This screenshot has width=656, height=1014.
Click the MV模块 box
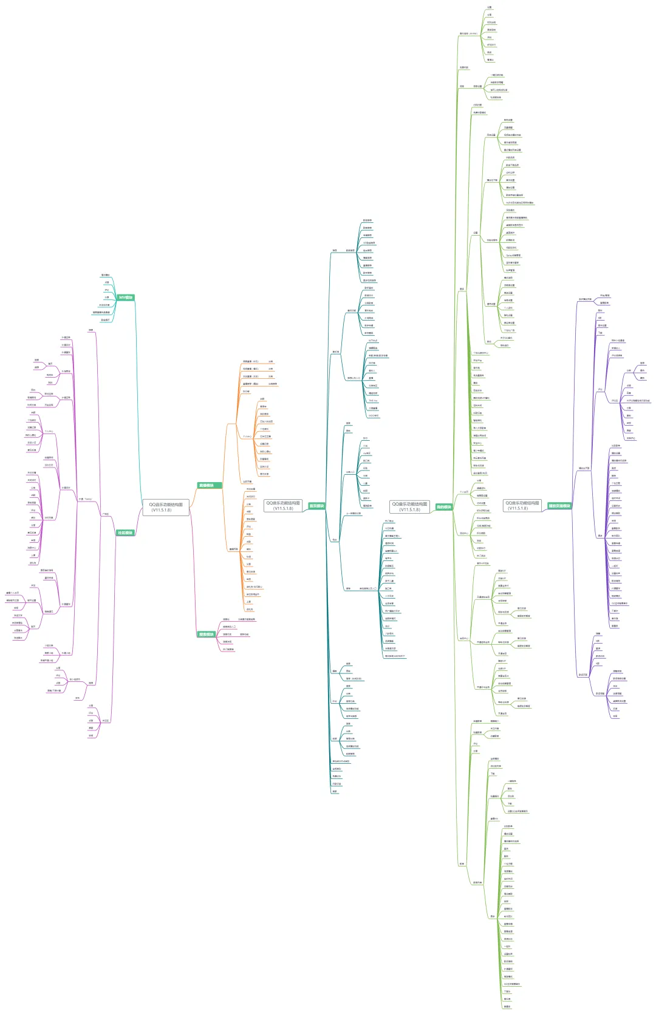click(126, 298)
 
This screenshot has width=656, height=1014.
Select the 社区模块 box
click(125, 533)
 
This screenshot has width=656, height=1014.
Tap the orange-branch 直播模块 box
click(206, 485)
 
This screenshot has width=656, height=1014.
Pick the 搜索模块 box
click(206, 635)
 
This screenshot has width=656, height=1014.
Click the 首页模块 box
click(316, 506)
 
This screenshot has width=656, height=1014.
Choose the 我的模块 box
click(443, 507)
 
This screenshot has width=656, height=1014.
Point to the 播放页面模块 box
click(559, 506)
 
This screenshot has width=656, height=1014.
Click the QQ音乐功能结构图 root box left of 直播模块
click(166, 506)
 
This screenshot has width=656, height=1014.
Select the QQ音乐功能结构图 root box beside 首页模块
click(283, 506)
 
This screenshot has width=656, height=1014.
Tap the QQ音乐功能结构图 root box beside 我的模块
click(409, 506)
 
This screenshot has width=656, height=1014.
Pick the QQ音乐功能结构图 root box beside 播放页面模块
click(522, 506)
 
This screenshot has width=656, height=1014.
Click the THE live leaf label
click(373, 401)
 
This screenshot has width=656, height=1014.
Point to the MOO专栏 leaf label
click(373, 416)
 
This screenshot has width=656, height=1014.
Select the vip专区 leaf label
click(366, 454)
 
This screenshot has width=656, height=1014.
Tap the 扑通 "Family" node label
click(85, 499)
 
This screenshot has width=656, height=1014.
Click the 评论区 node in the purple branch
click(105, 721)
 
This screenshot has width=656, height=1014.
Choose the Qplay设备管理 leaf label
click(513, 255)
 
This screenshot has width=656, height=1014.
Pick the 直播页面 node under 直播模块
click(233, 550)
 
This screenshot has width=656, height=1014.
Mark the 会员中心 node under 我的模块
click(463, 638)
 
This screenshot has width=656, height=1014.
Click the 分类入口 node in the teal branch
click(350, 472)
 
